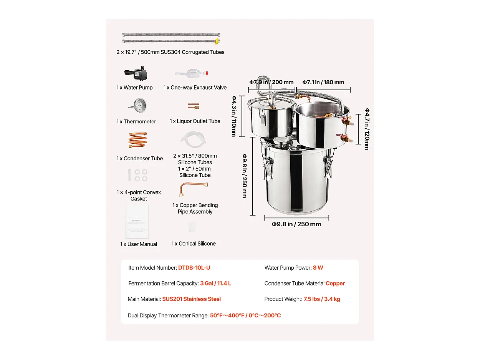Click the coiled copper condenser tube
[137, 140]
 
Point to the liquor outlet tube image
[193, 106]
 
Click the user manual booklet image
[137, 222]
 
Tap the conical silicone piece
[193, 227]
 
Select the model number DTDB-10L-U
[194, 268]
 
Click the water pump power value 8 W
[318, 268]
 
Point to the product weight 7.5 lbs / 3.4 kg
[322, 299]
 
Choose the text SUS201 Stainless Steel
[191, 299]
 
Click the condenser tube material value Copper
[335, 284]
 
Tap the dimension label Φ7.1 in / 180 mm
[323, 82]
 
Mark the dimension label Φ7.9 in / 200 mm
[271, 82]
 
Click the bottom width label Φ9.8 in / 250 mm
[296, 224]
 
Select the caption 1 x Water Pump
[134, 88]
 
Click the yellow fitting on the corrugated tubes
[217, 40]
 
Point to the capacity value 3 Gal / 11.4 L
[215, 284]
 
